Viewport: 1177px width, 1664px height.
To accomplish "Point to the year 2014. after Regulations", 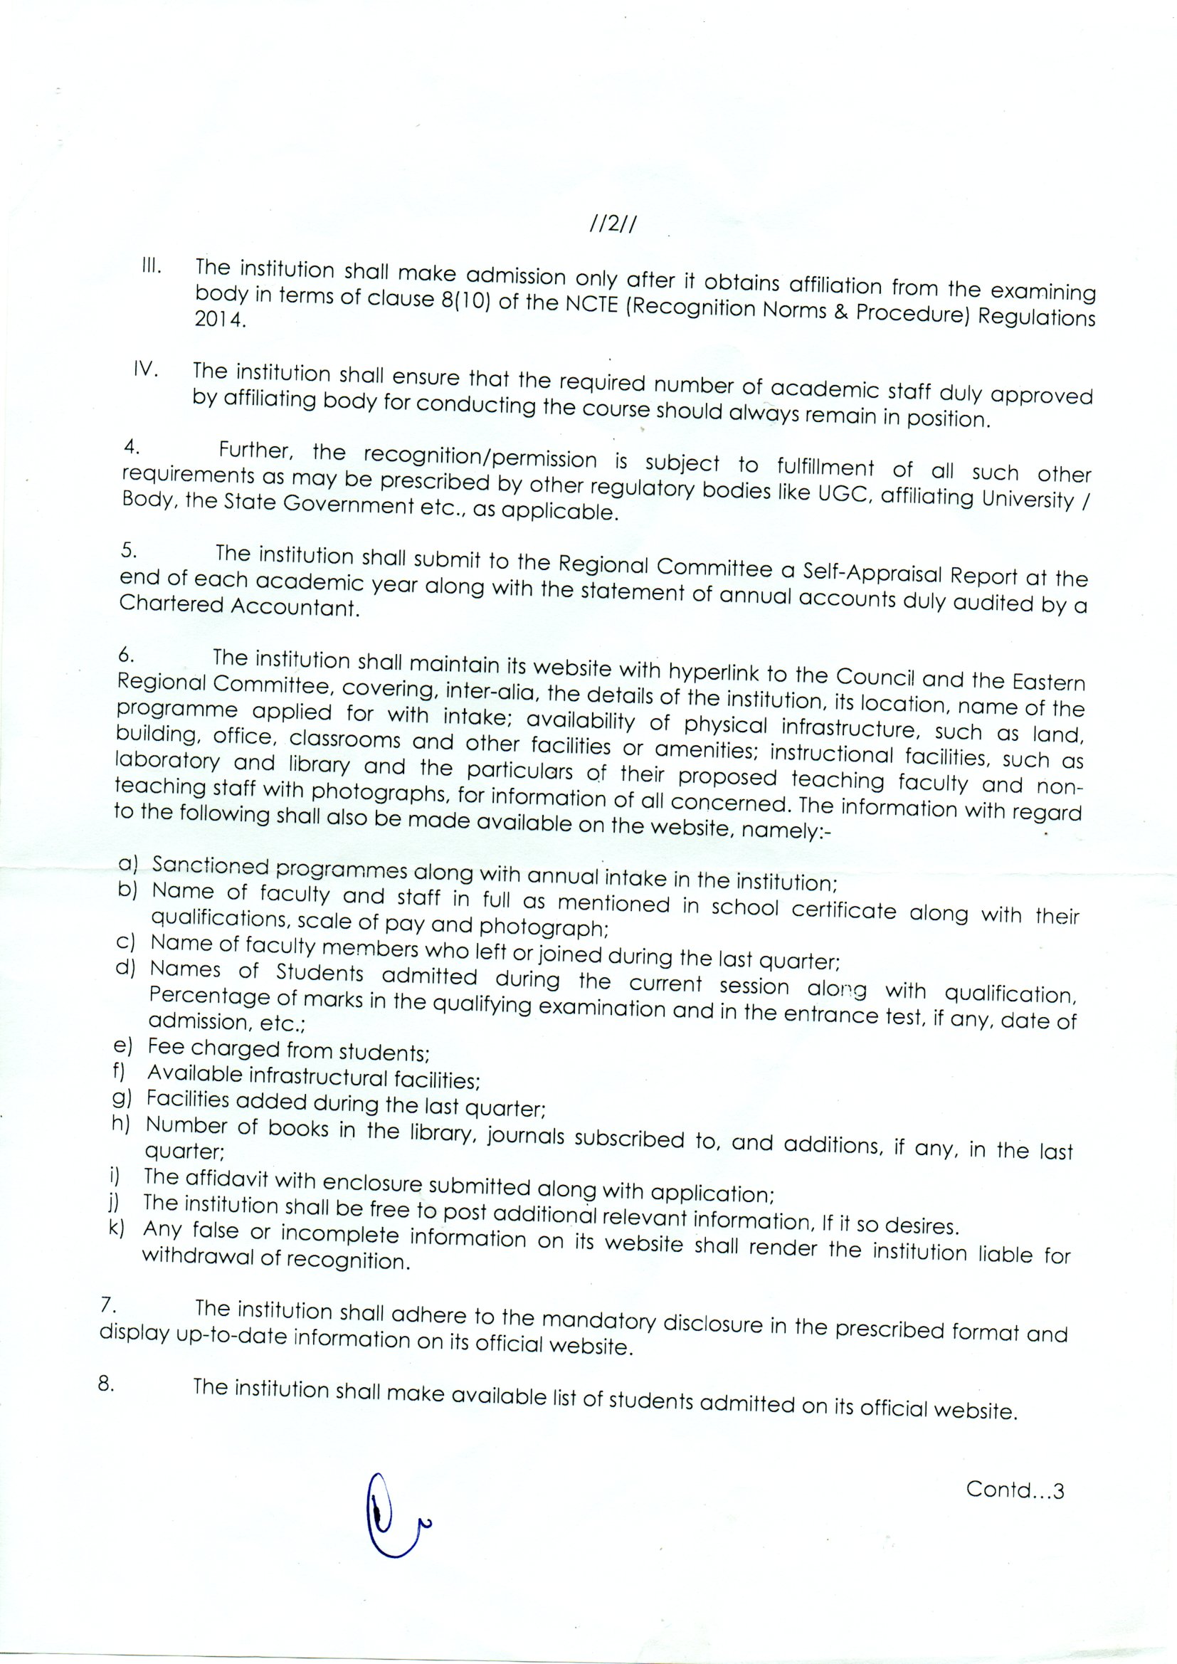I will pyautogui.click(x=221, y=319).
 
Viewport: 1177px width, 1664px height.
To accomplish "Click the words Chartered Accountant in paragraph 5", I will pyautogui.click(x=239, y=606).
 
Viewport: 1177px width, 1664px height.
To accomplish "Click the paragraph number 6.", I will pyautogui.click(x=127, y=655).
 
